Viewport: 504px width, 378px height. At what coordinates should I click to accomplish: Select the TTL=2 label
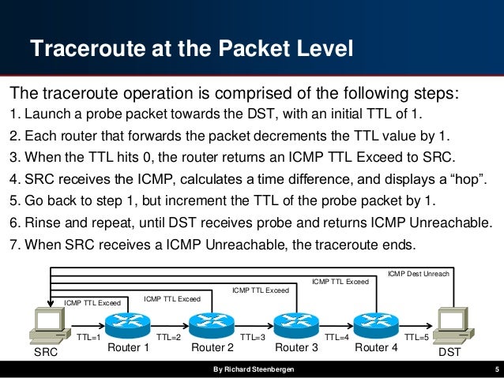(x=169, y=337)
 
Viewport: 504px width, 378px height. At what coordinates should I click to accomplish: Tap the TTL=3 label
(x=252, y=337)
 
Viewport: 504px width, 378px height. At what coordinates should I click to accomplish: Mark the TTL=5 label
(x=417, y=337)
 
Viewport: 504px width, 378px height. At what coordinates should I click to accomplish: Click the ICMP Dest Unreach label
(x=418, y=274)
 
